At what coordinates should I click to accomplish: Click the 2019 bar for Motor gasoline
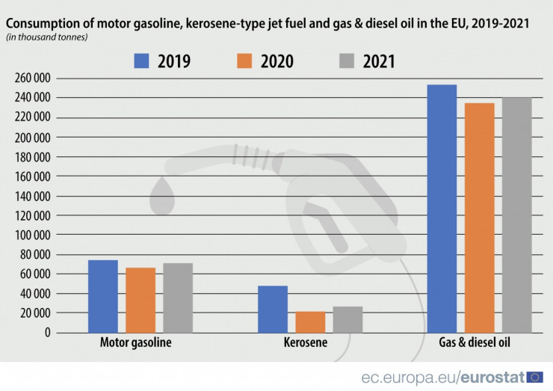(x=102, y=296)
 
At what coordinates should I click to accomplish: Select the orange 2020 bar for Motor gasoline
(x=140, y=300)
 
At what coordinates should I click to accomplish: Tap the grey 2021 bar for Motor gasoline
(x=178, y=298)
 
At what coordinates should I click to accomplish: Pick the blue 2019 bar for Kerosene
(x=273, y=309)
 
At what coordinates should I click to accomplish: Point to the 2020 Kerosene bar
(x=310, y=321)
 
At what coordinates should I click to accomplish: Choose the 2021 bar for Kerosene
(x=347, y=319)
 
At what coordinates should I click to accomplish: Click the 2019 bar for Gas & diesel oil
(x=442, y=209)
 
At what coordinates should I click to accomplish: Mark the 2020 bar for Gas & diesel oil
(x=479, y=218)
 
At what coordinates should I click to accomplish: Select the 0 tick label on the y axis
(x=46, y=333)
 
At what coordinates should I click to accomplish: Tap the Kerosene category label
(x=306, y=344)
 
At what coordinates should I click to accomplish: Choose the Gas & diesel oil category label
(x=479, y=344)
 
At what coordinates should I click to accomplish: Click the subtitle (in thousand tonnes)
(x=46, y=37)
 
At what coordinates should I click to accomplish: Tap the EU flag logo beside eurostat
(x=535, y=377)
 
